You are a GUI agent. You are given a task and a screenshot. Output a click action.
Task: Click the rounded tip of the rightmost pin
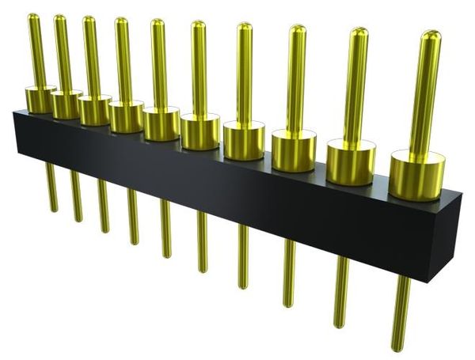[431, 36]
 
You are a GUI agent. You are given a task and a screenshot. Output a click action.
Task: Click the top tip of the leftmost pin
[32, 17]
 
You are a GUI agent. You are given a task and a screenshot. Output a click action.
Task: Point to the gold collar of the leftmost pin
[40, 99]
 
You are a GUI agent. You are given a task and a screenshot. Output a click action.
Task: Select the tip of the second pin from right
[359, 32]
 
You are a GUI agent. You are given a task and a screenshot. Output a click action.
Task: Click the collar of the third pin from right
[294, 150]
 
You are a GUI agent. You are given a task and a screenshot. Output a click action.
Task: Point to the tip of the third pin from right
[298, 29]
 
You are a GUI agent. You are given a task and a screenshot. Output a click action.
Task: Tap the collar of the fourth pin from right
[243, 139]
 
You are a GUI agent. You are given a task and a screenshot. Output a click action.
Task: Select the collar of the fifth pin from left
[161, 123]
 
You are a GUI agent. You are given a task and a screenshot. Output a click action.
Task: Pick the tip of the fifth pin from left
[157, 23]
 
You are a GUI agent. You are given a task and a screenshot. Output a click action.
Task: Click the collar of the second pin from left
[66, 104]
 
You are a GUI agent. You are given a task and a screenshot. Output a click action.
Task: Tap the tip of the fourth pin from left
[121, 21]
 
